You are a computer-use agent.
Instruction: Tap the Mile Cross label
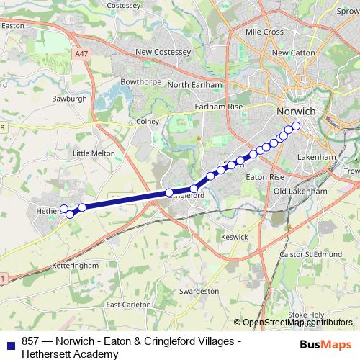point(264,32)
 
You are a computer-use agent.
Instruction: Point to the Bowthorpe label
point(140,83)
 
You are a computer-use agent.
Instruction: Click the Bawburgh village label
point(69,98)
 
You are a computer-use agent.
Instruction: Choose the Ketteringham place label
point(75,266)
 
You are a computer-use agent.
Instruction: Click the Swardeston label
point(199,291)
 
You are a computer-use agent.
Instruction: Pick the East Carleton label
point(128,305)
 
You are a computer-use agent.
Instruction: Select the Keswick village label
point(235,237)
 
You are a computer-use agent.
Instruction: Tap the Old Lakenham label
point(300,192)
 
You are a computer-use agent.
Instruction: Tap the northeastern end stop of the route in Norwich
point(296,126)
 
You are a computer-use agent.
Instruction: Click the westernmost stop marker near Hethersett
point(63,209)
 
